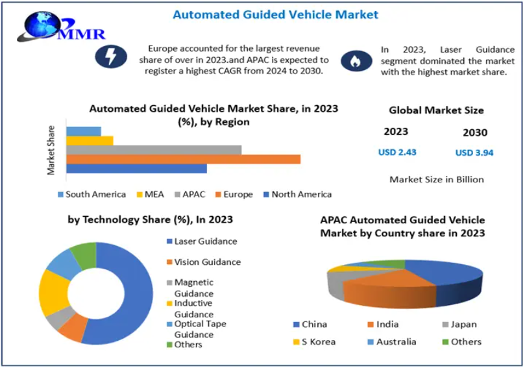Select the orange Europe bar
183,159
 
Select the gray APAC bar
154,150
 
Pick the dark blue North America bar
136,169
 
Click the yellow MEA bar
90,140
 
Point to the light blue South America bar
83,131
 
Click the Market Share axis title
51,150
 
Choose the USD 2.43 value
396,152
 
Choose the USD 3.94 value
474,153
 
